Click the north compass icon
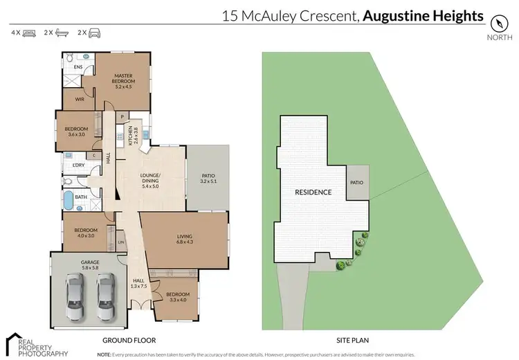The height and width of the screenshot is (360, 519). click(x=498, y=21)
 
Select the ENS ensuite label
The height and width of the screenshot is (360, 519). click(x=79, y=66)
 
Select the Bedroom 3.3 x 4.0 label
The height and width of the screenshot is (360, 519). click(x=176, y=298)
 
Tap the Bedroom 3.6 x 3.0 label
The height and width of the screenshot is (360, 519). click(x=76, y=132)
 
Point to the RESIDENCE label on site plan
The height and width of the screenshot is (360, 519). click(x=313, y=192)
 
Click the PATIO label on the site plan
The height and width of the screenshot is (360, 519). click(x=356, y=183)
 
